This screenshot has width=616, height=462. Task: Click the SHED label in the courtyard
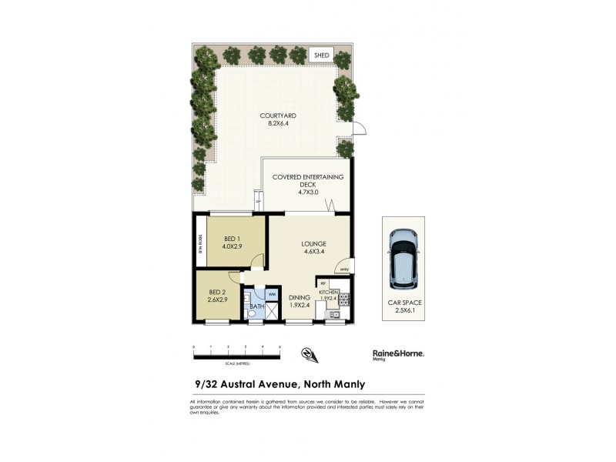tap(321, 55)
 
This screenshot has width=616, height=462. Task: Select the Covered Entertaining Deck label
tap(308, 185)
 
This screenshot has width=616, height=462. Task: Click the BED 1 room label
tap(233, 243)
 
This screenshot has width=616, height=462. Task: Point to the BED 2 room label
tap(217, 295)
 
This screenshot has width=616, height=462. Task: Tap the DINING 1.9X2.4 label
tap(299, 301)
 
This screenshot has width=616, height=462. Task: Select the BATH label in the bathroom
tap(256, 307)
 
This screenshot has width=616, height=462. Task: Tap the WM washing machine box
tap(272, 294)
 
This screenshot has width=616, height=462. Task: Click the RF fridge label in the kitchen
tap(324, 283)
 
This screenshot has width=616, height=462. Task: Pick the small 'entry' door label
tap(343, 269)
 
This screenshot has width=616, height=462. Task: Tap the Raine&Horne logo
tap(393, 353)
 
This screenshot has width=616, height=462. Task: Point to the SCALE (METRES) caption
tap(236, 363)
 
